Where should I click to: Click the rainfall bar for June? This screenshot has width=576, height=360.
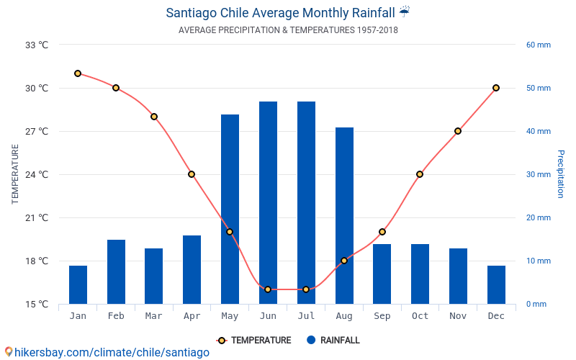pos(268,202)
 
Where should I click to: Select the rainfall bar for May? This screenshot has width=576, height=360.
pos(230,209)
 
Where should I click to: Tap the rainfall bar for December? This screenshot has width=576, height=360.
pos(496,284)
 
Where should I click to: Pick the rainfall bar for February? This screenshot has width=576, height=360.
pos(116,271)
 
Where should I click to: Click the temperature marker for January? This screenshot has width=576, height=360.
pos(78,73)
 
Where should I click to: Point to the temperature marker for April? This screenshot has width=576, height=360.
pos(192,174)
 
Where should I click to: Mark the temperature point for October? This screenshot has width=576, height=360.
pos(420,174)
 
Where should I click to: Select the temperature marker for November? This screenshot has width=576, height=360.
pos(458,131)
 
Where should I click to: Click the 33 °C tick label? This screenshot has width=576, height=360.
pos(37,45)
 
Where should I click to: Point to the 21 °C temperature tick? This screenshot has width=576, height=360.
pos(37,217)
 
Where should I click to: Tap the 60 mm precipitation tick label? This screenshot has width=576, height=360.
pos(539,45)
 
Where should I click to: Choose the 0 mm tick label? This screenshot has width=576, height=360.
pos(536,304)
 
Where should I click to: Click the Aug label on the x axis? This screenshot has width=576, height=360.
pos(344,316)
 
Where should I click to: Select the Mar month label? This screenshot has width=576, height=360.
pos(153,316)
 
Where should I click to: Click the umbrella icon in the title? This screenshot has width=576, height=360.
pos(405,12)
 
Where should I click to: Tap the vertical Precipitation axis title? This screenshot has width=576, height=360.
pos(561,174)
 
